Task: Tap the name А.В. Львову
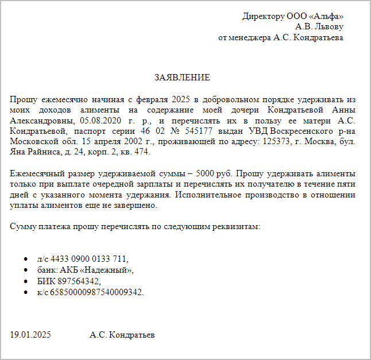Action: (x=319, y=26)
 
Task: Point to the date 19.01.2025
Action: (x=30, y=335)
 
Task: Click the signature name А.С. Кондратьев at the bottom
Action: (x=122, y=335)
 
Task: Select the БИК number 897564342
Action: (x=79, y=281)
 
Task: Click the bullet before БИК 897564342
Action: (x=26, y=281)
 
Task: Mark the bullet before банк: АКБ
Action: (x=26, y=270)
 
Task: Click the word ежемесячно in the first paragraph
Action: (x=64, y=99)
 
